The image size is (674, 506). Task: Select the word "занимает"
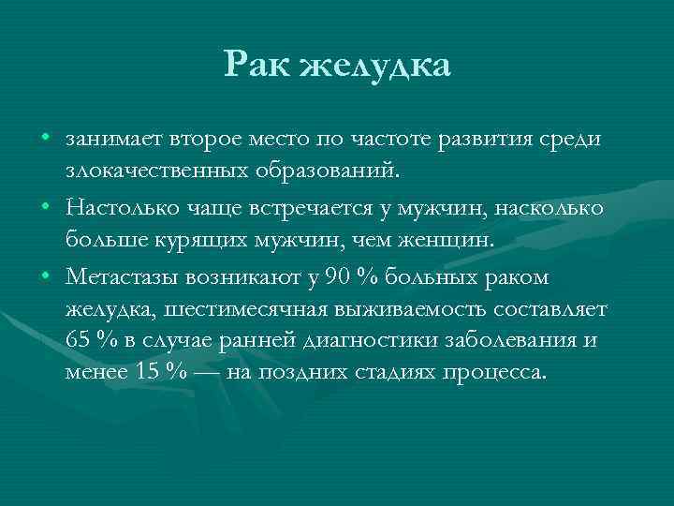coord(114,140)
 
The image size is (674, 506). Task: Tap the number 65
coord(79,339)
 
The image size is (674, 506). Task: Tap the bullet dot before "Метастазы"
coord(45,274)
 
